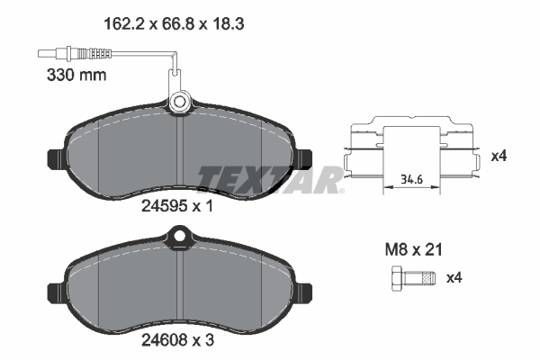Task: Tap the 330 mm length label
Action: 76,76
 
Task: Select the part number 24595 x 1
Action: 176,205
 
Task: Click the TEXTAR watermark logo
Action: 270,177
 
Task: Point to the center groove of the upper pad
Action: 181,153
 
